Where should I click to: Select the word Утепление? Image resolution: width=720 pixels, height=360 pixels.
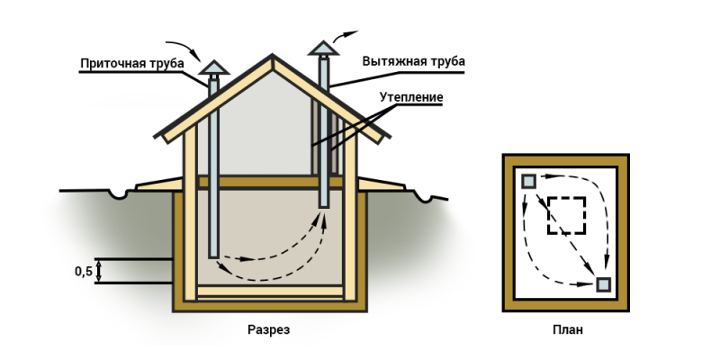click(x=411, y=96)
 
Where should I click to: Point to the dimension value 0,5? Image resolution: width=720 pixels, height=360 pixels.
click(x=84, y=272)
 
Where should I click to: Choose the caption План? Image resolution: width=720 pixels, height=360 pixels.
click(x=567, y=330)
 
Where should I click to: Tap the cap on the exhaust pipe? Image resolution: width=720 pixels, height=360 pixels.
click(x=323, y=47)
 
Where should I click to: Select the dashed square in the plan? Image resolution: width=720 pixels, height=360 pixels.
click(x=567, y=216)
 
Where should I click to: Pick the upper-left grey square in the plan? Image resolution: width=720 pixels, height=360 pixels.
click(x=528, y=181)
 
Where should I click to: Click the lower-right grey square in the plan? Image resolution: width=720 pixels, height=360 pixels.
click(x=604, y=285)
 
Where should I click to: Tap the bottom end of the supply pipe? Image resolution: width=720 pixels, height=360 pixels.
click(x=213, y=256)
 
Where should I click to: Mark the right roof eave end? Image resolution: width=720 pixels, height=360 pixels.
click(x=387, y=137)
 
